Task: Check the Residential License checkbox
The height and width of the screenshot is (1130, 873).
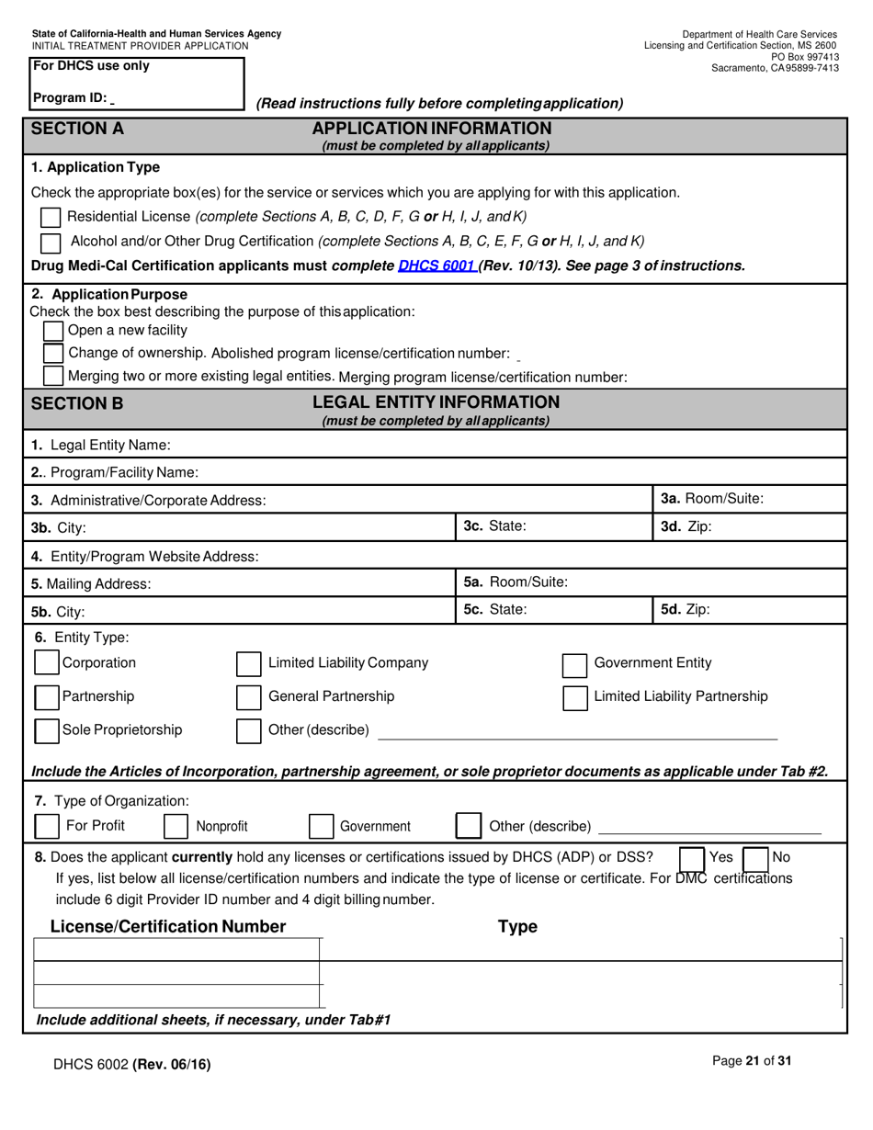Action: pos(51,218)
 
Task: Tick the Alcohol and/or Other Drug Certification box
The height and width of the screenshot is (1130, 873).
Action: pos(51,242)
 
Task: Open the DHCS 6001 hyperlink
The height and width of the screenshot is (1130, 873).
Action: pos(436,266)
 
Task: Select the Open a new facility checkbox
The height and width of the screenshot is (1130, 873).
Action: pos(54,331)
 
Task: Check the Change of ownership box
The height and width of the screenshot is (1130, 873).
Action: pos(54,354)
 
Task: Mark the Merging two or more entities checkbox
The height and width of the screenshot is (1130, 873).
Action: pos(54,376)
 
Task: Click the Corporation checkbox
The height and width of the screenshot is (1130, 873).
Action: pos(47,663)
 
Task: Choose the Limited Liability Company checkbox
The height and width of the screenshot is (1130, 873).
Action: pos(249,664)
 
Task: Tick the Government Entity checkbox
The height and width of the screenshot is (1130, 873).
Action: pos(574,664)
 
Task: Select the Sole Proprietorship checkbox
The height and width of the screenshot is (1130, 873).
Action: pos(47,730)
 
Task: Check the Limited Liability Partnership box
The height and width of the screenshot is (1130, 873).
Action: pos(574,697)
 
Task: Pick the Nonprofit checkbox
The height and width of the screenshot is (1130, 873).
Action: pos(176,826)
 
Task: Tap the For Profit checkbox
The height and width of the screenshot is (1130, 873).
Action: pos(47,826)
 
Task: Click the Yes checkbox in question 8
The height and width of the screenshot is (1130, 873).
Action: pos(691,858)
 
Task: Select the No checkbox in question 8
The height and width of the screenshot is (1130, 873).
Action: pos(754,858)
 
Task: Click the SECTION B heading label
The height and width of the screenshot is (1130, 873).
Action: pos(77,403)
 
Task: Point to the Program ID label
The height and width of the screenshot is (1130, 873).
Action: pos(70,98)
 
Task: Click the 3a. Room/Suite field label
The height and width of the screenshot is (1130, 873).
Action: pos(712,499)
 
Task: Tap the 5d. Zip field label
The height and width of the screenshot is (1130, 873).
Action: pos(686,609)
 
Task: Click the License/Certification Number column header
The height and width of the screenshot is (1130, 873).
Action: pos(168,926)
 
